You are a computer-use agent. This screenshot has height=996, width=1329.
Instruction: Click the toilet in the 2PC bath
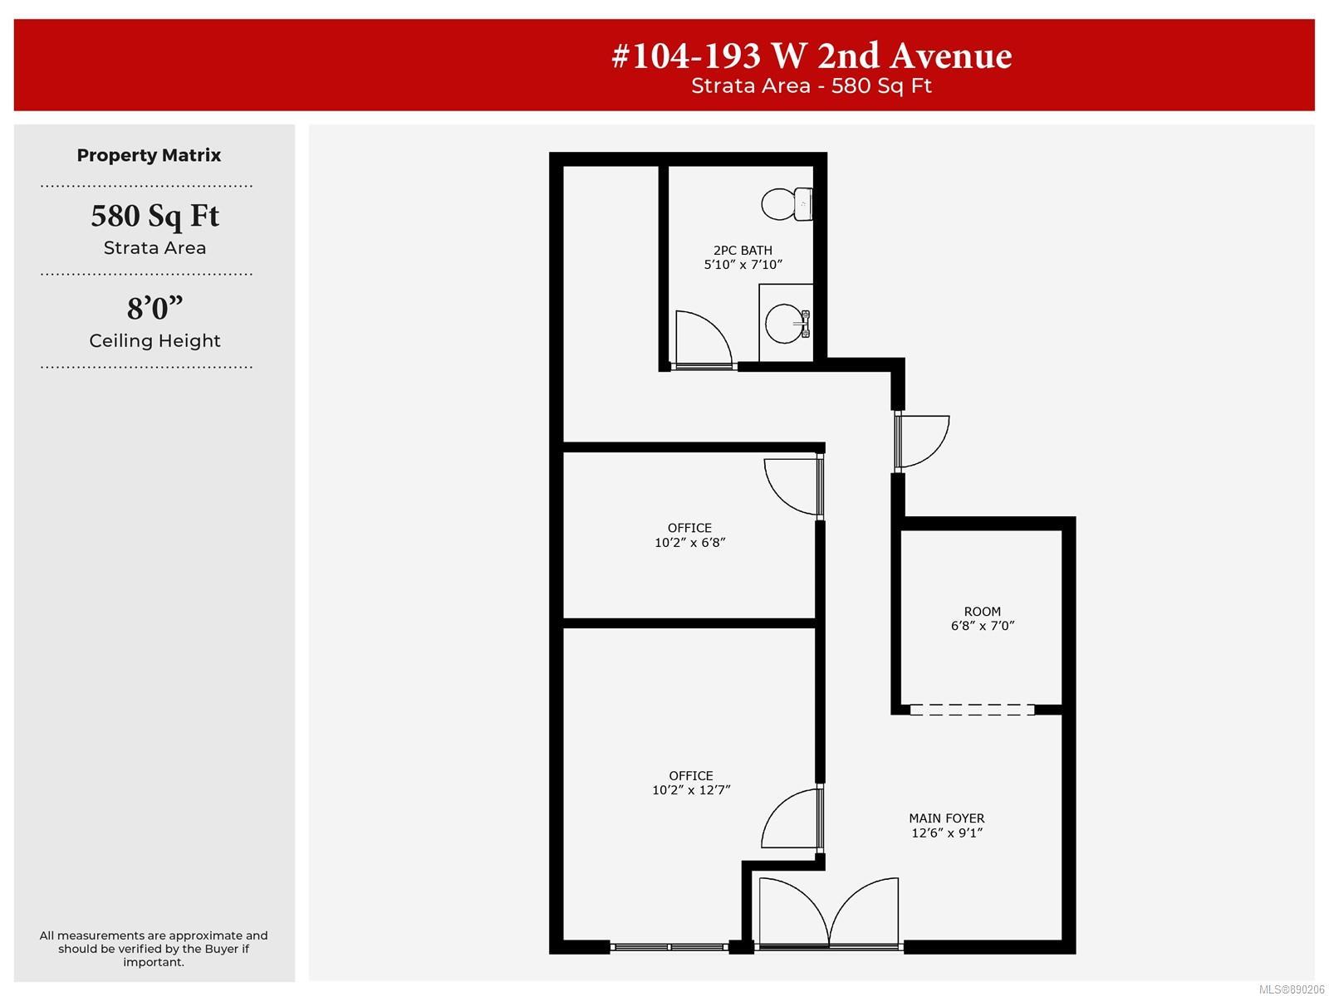[x=786, y=204]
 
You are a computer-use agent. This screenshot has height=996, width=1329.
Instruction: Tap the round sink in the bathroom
[x=786, y=324]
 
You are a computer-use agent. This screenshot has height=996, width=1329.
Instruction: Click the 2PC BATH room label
[x=743, y=250]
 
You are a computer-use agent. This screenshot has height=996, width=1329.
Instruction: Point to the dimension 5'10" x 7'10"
[x=743, y=264]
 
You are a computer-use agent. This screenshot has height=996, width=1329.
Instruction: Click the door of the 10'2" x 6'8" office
[x=792, y=487]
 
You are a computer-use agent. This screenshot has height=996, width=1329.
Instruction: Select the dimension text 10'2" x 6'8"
[x=689, y=543]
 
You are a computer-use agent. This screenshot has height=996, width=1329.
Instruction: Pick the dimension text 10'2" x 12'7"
[x=691, y=790]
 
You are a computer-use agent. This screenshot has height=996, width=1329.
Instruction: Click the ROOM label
[x=982, y=612]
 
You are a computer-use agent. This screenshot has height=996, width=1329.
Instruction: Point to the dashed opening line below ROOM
[x=972, y=710]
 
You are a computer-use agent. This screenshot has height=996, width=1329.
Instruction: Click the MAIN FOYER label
[x=946, y=818]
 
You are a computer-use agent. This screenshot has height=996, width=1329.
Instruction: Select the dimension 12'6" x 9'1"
[x=947, y=832]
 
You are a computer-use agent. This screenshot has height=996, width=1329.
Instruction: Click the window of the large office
[x=669, y=946]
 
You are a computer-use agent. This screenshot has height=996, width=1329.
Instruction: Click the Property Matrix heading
[x=149, y=155]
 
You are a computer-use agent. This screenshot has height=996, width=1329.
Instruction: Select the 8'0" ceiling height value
[x=154, y=308]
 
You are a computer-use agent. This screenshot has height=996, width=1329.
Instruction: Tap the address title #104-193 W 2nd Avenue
[x=812, y=56]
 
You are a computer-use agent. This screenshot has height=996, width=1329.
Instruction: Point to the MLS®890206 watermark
[x=1292, y=989]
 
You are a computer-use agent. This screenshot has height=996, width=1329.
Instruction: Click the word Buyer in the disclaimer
[x=226, y=949]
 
